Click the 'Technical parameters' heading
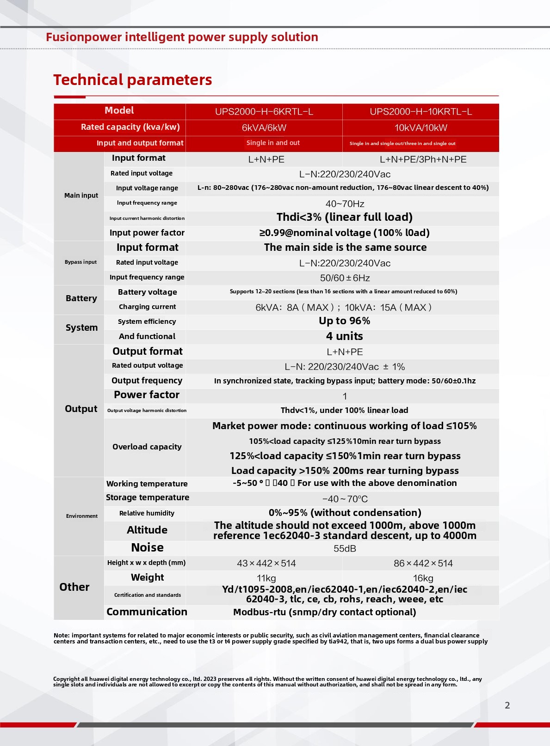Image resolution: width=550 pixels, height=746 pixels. click(132, 80)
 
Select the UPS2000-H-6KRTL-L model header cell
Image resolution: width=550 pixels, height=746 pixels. click(264, 112)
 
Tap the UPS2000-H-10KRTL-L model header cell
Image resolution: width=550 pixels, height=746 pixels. click(420, 112)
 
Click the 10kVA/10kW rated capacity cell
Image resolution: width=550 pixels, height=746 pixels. click(420, 128)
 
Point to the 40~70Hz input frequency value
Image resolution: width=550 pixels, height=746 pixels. click(345, 204)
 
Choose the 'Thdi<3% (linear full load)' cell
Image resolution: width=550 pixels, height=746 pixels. click(344, 217)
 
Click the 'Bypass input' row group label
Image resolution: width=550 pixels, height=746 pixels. click(80, 262)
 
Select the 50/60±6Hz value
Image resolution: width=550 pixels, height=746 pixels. click(345, 278)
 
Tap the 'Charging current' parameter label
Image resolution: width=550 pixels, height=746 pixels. click(147, 307)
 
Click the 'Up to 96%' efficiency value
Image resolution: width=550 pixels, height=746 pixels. click(344, 321)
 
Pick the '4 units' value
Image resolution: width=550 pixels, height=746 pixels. click(344, 336)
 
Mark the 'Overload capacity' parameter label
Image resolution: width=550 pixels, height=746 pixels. click(147, 447)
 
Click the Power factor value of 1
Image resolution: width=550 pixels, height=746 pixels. click(345, 396)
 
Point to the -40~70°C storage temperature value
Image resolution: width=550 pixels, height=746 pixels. click(345, 499)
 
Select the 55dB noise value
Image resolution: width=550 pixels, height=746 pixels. click(345, 549)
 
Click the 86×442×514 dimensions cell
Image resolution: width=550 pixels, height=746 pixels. click(423, 564)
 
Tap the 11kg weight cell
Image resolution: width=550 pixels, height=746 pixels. click(266, 578)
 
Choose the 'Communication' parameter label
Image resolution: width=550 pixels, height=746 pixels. click(147, 612)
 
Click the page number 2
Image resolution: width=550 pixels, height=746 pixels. click(507, 705)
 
